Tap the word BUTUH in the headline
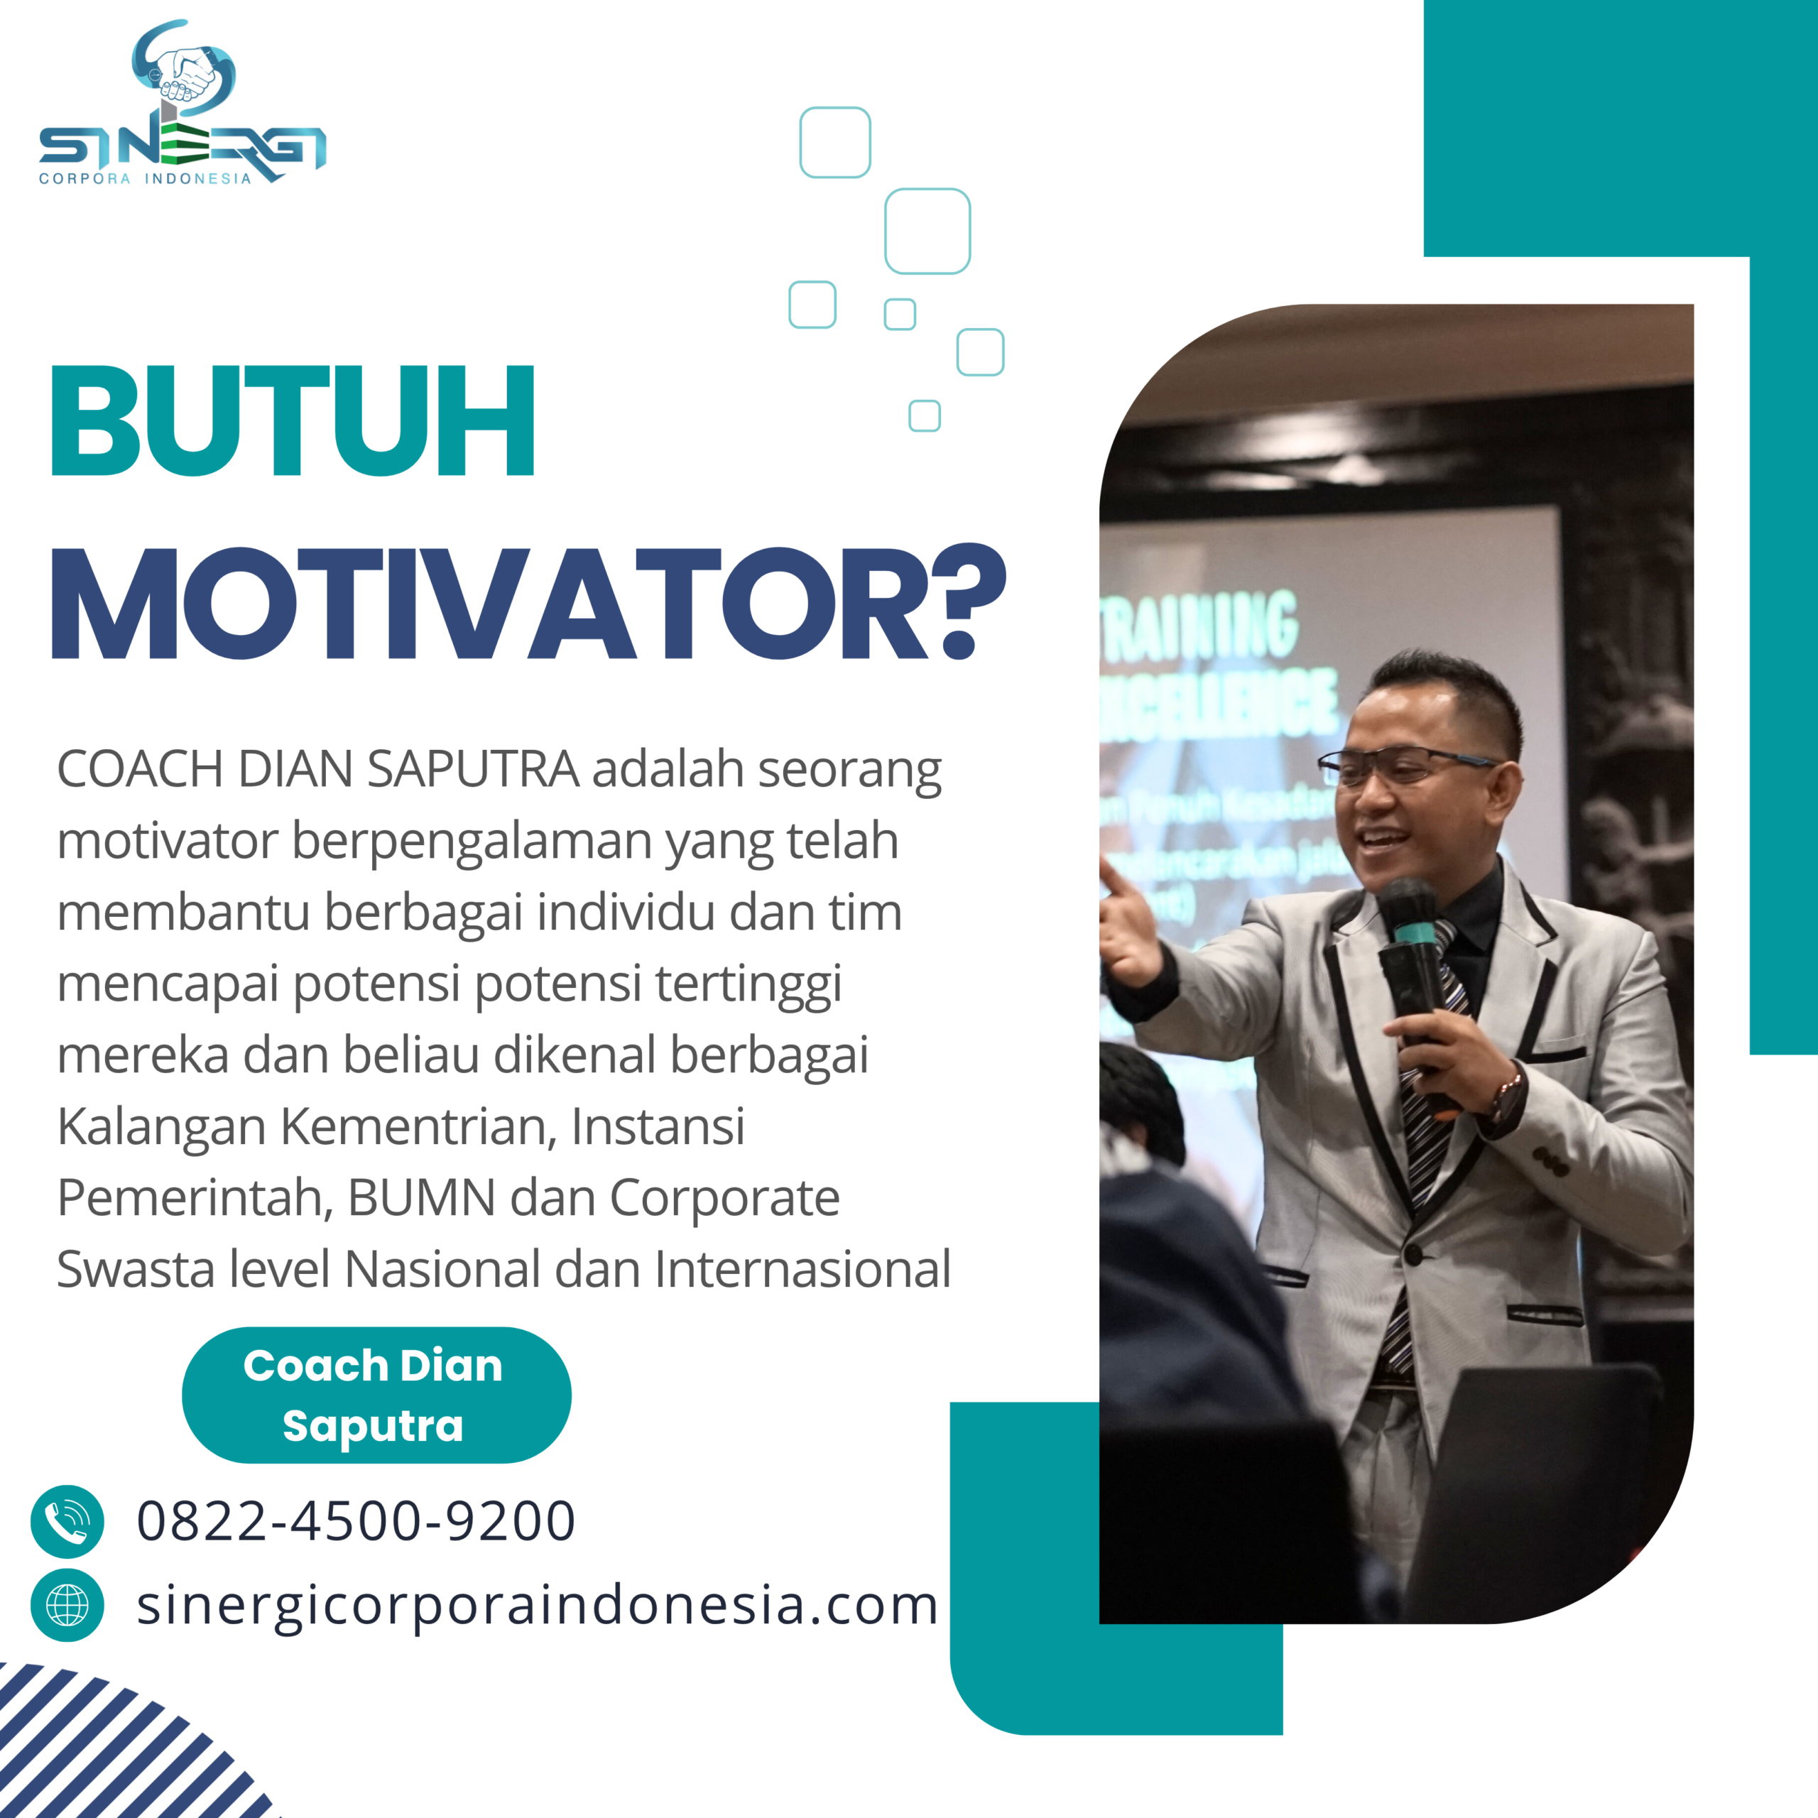(x=293, y=420)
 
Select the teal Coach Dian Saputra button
(x=376, y=1395)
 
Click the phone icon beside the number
(x=67, y=1522)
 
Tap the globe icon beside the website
(x=67, y=1606)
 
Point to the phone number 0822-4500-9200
(x=356, y=1522)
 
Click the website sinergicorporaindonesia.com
(x=538, y=1606)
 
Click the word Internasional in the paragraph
(x=802, y=1269)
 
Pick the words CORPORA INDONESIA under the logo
(x=145, y=179)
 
